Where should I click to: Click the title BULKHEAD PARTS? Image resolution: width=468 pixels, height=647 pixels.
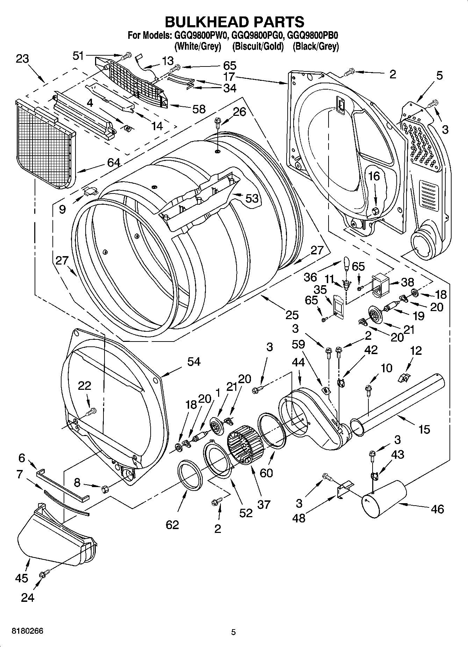(234, 22)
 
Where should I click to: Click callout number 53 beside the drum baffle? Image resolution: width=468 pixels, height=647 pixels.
(252, 198)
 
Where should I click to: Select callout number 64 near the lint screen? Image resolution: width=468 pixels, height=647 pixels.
(114, 162)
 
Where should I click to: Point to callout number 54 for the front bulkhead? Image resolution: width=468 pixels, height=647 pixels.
(194, 361)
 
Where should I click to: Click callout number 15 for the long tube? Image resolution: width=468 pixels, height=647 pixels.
(424, 429)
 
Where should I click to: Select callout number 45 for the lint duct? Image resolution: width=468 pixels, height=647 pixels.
(21, 578)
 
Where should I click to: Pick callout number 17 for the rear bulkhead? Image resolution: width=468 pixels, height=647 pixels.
(229, 77)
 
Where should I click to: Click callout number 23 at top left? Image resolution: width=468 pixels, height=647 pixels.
(22, 58)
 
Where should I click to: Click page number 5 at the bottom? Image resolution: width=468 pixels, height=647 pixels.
(233, 632)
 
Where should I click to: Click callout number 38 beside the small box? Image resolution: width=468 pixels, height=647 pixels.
(407, 282)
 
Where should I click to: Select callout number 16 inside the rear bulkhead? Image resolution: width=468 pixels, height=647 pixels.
(374, 176)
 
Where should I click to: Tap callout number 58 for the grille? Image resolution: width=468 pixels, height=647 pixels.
(199, 109)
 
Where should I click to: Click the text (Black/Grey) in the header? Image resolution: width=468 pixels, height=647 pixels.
(316, 46)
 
